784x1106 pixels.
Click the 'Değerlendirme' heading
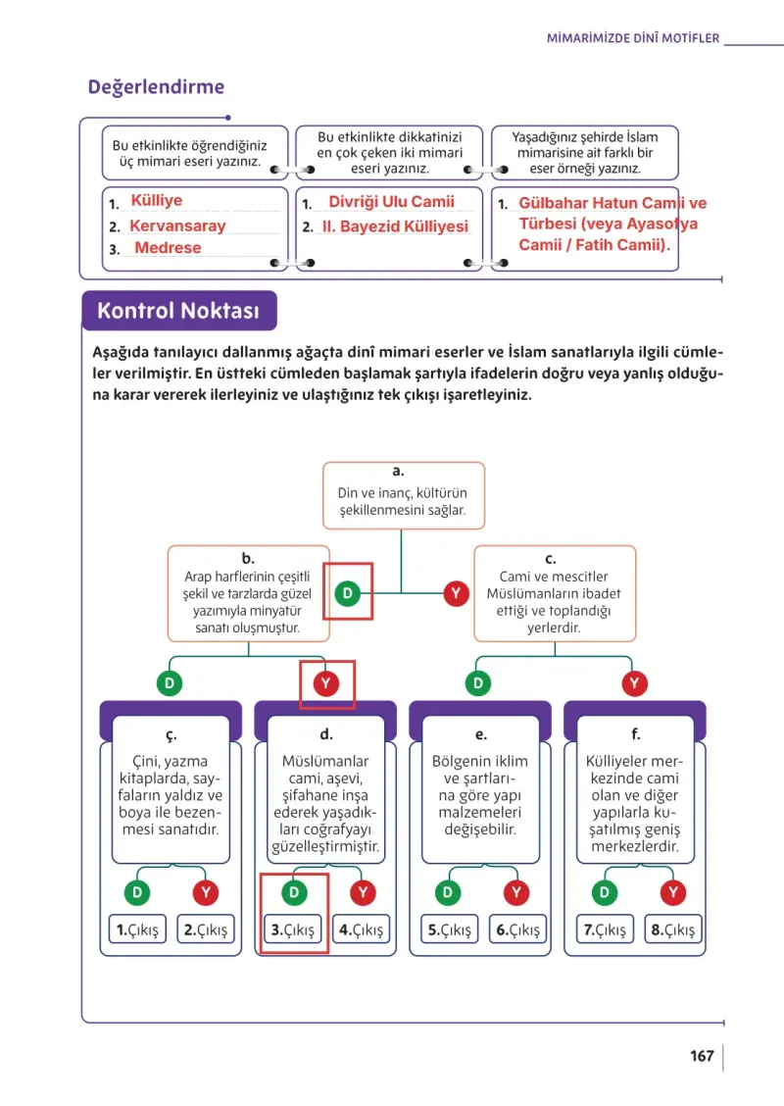click(x=156, y=86)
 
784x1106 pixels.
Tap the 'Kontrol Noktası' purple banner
click(x=179, y=311)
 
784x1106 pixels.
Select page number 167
click(x=702, y=1055)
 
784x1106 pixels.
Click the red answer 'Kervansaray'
click(x=177, y=226)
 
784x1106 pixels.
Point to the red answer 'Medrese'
click(x=168, y=248)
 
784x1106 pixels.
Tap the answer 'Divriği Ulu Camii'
click(x=391, y=202)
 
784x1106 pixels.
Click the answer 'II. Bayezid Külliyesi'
click(x=396, y=226)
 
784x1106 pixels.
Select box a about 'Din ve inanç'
click(x=404, y=495)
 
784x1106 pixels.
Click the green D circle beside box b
click(x=348, y=593)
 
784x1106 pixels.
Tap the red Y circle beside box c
click(x=456, y=593)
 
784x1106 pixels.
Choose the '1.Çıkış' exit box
click(x=137, y=930)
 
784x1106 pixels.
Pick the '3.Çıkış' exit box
click(x=293, y=930)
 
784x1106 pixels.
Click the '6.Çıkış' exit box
click(x=517, y=930)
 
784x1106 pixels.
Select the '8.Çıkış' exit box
click(x=672, y=930)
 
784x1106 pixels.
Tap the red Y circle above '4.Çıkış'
click(x=364, y=892)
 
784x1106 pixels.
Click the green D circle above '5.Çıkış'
click(x=448, y=892)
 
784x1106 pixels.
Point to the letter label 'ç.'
click(x=171, y=735)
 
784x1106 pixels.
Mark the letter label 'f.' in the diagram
click(x=635, y=733)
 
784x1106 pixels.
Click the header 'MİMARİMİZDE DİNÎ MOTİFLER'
click(x=633, y=38)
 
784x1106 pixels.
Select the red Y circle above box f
click(x=634, y=682)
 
